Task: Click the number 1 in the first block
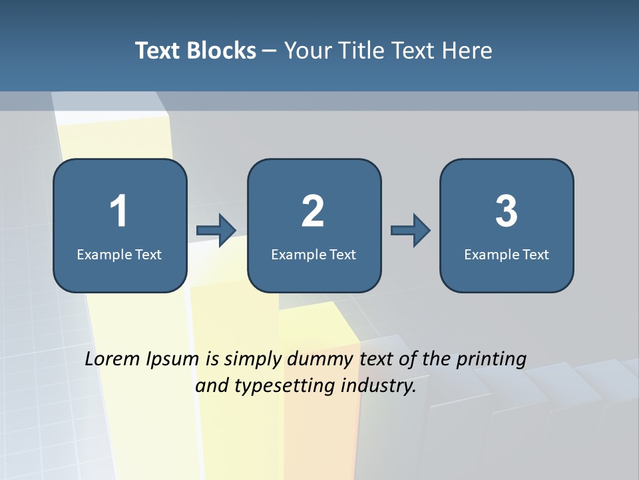118,211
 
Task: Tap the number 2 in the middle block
313,211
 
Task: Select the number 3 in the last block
507,211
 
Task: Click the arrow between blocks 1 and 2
217,231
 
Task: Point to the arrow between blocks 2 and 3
411,231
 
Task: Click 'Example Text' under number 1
119,254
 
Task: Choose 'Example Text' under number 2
314,254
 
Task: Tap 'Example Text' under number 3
507,254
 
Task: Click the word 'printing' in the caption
491,360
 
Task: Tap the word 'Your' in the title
305,51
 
